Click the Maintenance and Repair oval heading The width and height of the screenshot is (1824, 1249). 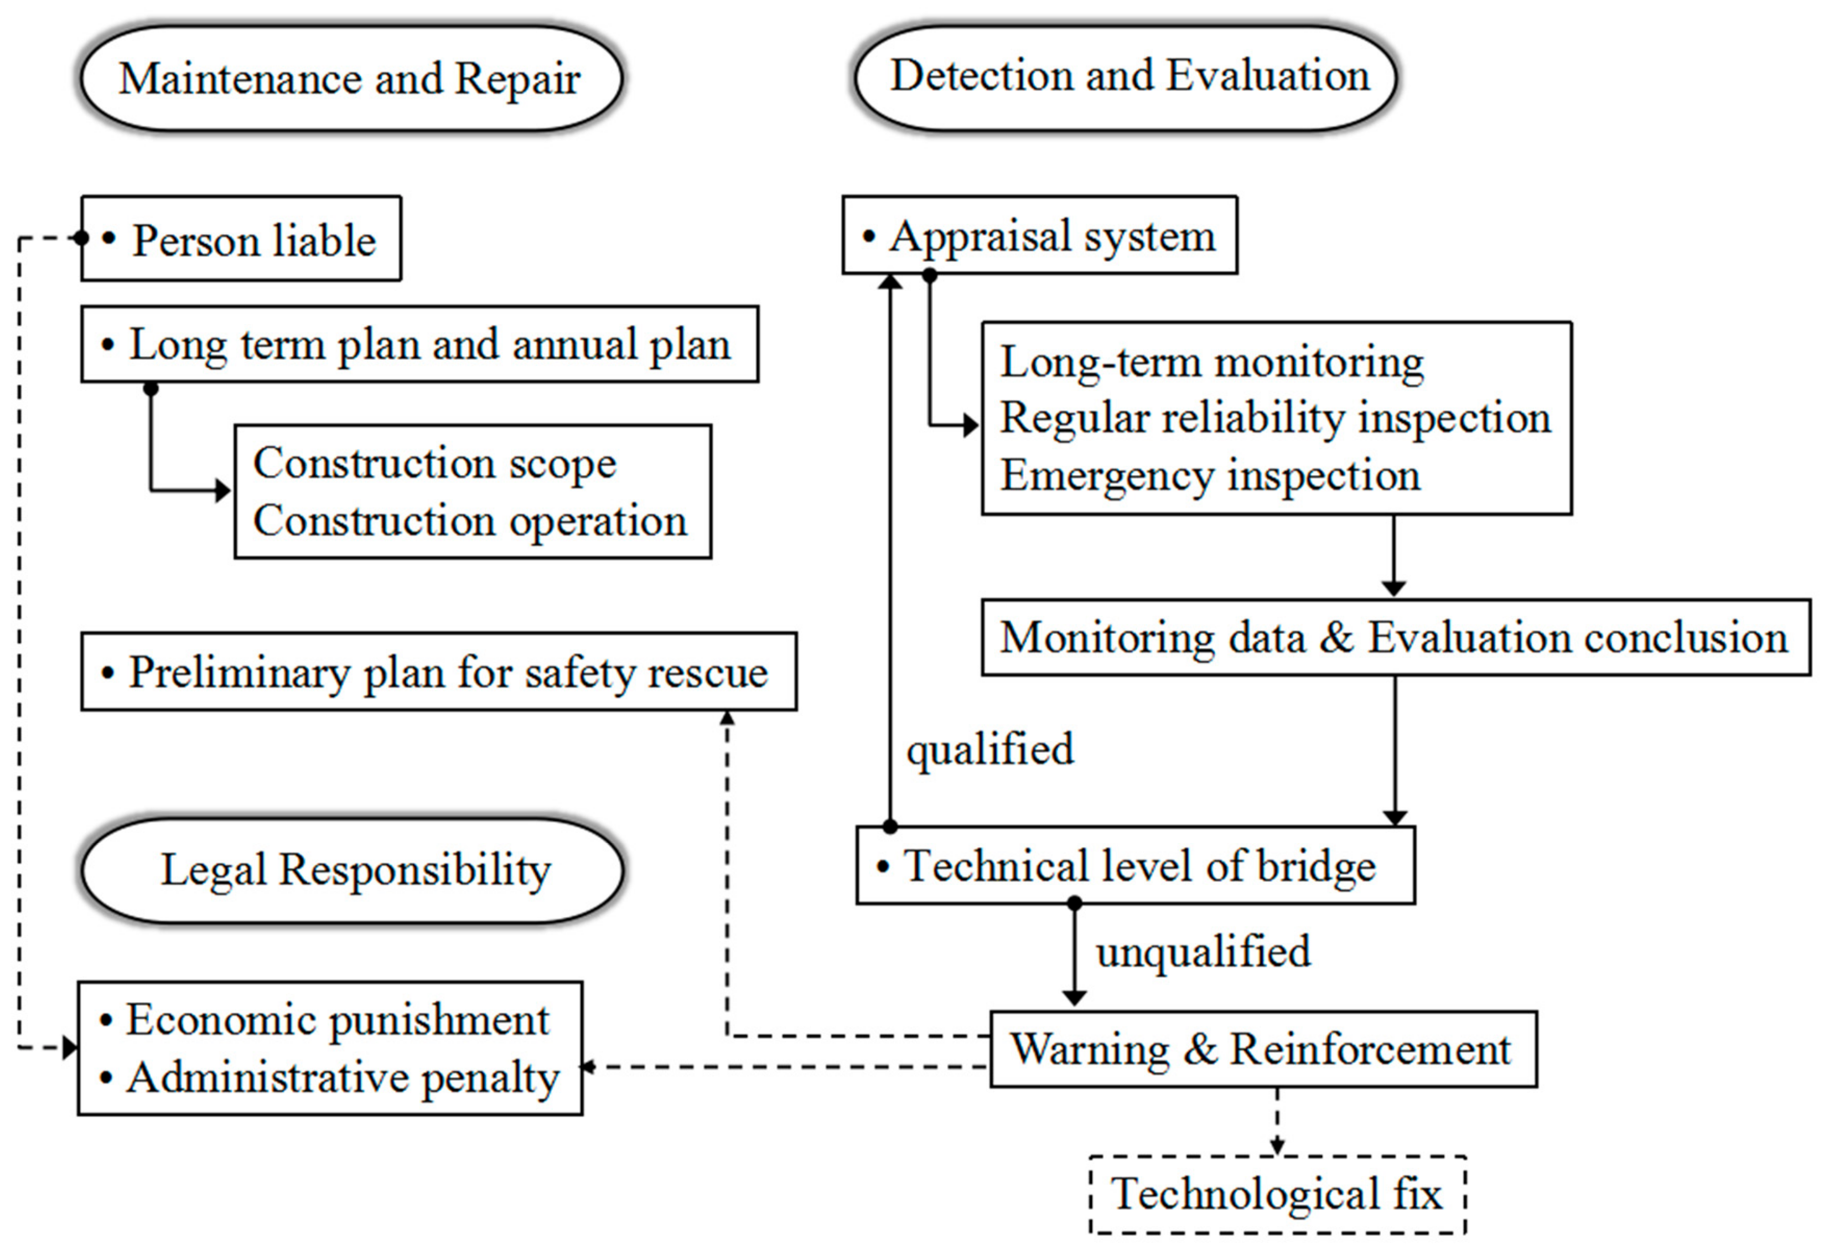click(350, 79)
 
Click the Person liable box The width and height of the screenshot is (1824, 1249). click(242, 239)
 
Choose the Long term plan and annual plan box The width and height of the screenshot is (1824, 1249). click(420, 344)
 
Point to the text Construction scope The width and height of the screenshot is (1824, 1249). click(434, 463)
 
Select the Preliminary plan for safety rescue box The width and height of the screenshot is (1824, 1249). click(439, 672)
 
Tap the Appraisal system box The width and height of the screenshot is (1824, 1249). click(1039, 235)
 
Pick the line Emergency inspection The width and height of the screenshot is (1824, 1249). click(1210, 476)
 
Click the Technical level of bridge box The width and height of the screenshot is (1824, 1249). click(1136, 866)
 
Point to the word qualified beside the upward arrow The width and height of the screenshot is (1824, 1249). click(989, 750)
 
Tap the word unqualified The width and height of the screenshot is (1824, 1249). click(1203, 952)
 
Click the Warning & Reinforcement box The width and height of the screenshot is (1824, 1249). click(1262, 1049)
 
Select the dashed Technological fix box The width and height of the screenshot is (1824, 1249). click(1277, 1195)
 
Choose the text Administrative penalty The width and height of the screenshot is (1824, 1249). click(342, 1078)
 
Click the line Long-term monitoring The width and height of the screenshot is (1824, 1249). click(1211, 362)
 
